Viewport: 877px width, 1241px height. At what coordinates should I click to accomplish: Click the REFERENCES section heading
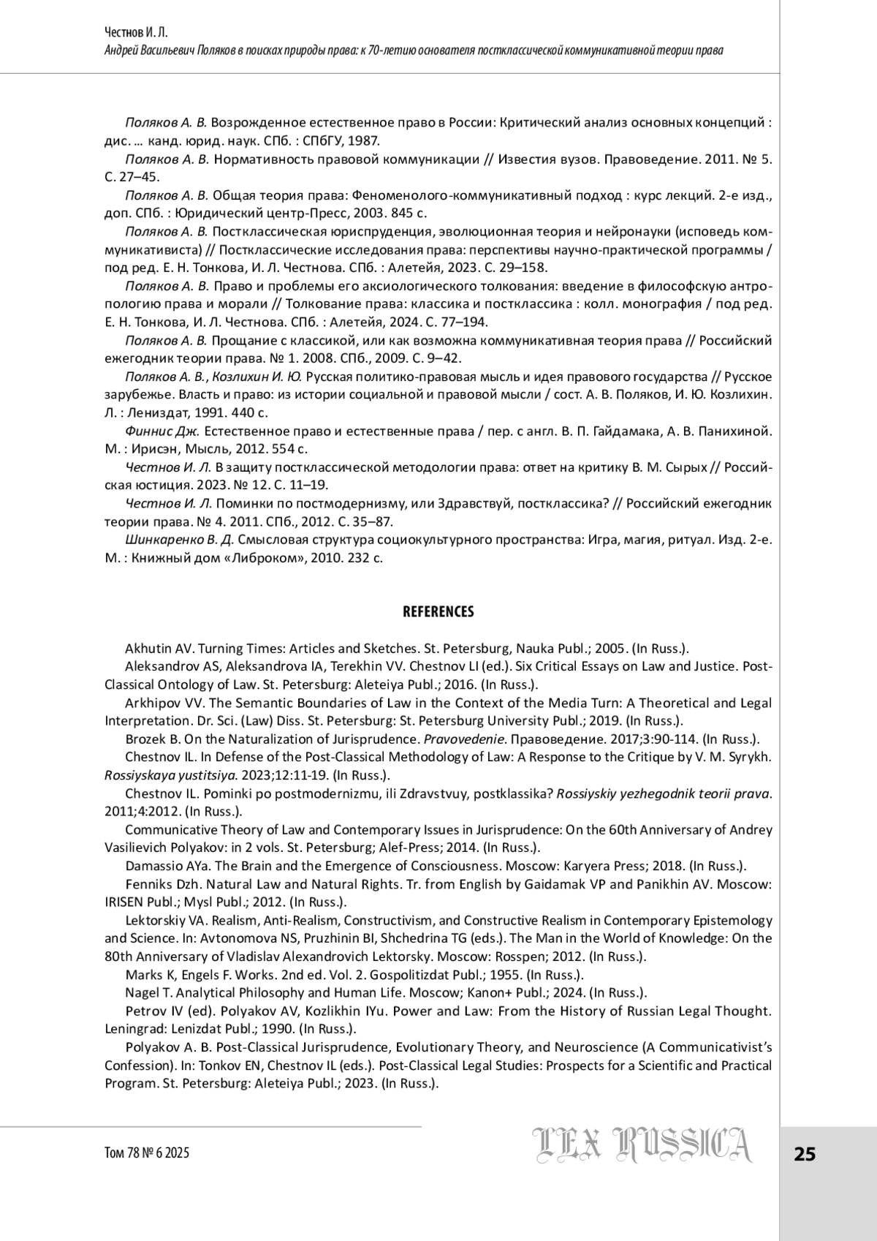click(438, 611)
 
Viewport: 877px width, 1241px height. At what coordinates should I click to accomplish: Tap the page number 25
click(805, 1154)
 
